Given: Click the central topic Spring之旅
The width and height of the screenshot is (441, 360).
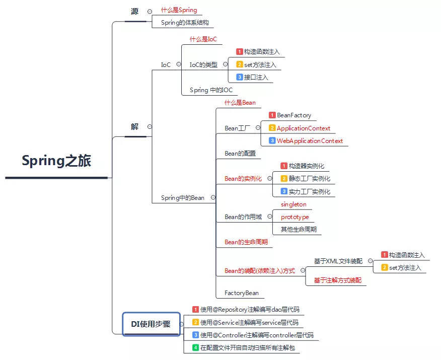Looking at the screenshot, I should pyautogui.click(x=56, y=161).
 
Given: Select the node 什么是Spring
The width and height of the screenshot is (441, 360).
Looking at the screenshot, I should pyautogui.click(x=179, y=10).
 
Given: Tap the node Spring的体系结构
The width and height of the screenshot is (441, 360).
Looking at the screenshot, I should pyautogui.click(x=185, y=23).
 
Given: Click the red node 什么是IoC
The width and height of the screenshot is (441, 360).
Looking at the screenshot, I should pyautogui.click(x=203, y=39).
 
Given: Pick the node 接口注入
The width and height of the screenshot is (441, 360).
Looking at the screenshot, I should pyautogui.click(x=256, y=78).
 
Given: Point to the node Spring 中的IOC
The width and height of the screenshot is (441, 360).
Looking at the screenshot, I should pyautogui.click(x=211, y=90).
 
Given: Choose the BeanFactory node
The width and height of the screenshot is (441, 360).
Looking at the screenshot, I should pyautogui.click(x=294, y=115).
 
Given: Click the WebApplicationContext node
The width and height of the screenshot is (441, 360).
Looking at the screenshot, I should pyautogui.click(x=310, y=141).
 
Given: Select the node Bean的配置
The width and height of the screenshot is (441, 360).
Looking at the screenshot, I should pyautogui.click(x=240, y=154).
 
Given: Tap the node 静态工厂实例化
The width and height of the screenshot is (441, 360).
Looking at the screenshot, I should pyautogui.click(x=310, y=179).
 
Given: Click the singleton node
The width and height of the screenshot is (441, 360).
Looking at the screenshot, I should pyautogui.click(x=293, y=204).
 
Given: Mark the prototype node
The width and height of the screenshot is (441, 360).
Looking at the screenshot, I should pyautogui.click(x=295, y=217).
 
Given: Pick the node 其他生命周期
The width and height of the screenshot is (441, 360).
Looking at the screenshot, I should pyautogui.click(x=299, y=230).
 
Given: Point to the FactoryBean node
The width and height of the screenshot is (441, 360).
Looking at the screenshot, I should pyautogui.click(x=241, y=293).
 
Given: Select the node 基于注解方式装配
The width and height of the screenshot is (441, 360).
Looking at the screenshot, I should pyautogui.click(x=338, y=280).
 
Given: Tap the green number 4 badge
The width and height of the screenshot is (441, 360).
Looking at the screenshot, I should pyautogui.click(x=196, y=348).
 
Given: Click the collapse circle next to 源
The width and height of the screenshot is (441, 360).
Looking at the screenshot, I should pyautogui.click(x=150, y=11).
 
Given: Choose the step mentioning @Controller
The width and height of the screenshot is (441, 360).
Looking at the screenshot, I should pyautogui.click(x=257, y=335).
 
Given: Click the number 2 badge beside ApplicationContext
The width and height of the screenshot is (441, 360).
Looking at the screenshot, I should pyautogui.click(x=272, y=128).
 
